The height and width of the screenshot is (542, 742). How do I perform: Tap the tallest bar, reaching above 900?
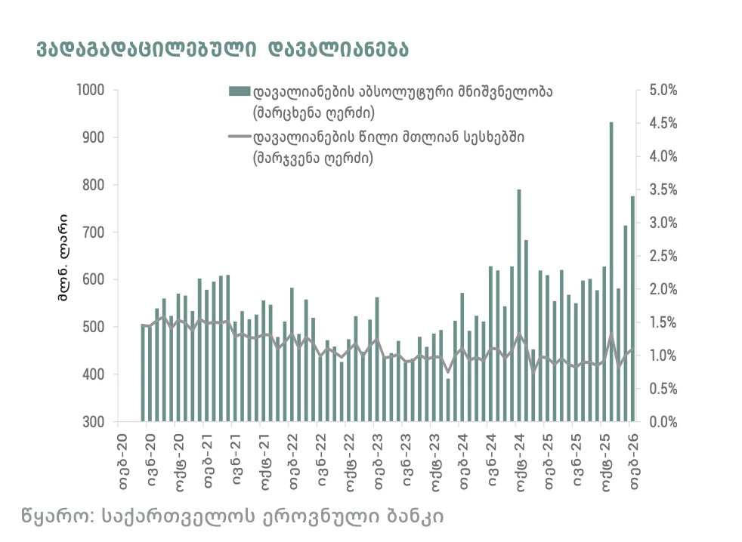[611, 272]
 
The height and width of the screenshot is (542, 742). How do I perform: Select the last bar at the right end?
[632, 309]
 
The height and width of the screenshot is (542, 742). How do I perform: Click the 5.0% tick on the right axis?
[664, 91]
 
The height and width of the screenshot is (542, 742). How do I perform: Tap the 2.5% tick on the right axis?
[664, 256]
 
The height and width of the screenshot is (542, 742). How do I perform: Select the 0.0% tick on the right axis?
[664, 422]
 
